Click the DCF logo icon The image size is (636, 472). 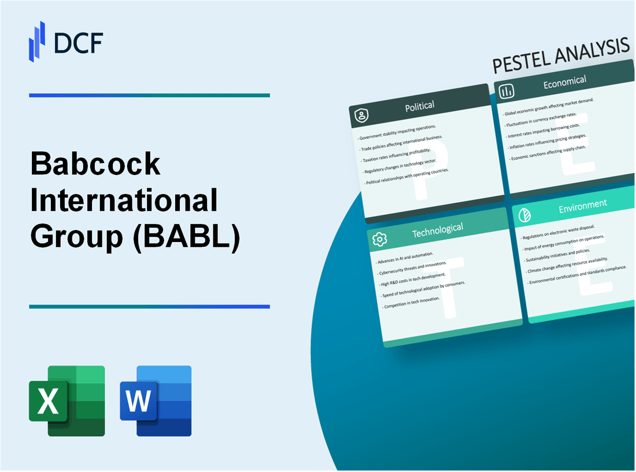pyautogui.click(x=37, y=42)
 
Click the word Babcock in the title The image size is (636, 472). pyautogui.click(x=95, y=165)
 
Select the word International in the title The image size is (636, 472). pyautogui.click(x=124, y=200)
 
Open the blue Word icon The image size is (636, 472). pyautogui.click(x=156, y=400)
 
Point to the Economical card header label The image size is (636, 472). pyautogui.click(x=564, y=83)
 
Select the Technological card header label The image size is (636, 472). pyautogui.click(x=437, y=230)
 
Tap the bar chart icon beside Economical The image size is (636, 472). pyautogui.click(x=507, y=91)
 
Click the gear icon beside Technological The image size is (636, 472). pyautogui.click(x=379, y=239)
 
